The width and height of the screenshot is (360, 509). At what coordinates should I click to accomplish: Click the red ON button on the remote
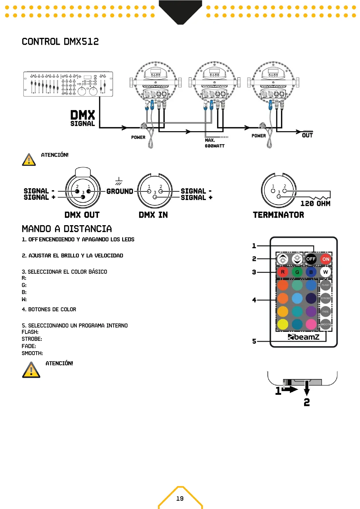pos(326,259)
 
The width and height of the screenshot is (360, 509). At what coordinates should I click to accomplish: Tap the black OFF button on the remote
pos(311,259)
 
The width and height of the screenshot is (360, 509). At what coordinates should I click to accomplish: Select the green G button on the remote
pos(297,272)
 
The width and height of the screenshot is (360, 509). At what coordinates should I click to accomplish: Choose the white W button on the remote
pos(326,272)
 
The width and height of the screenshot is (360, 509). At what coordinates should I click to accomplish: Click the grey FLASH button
pos(326,285)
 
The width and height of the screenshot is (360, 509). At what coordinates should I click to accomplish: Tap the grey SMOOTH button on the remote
pos(326,324)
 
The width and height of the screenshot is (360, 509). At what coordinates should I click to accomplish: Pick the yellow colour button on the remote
pos(283,324)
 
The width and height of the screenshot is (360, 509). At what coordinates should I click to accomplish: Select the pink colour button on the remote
pos(311,324)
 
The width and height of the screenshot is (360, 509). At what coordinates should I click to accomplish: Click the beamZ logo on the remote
pos(303,337)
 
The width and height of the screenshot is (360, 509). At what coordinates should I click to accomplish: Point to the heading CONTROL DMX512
pos(60,42)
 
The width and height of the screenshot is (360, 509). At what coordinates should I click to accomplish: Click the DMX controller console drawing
pos(68,84)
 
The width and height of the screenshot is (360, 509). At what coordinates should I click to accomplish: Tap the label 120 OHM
pos(315,204)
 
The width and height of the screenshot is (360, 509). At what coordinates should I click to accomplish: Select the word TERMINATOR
pos(278,215)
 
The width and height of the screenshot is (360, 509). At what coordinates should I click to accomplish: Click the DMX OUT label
pos(82,215)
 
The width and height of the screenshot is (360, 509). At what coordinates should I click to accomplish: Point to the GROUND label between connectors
pos(120,191)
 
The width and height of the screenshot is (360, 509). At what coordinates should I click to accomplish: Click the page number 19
pos(180,498)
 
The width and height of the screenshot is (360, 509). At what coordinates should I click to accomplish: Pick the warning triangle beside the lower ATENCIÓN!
pos(31,370)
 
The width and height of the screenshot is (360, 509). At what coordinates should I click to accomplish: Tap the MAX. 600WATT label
pos(215,143)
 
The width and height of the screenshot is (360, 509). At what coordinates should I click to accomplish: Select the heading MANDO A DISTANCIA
pos(67,229)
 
